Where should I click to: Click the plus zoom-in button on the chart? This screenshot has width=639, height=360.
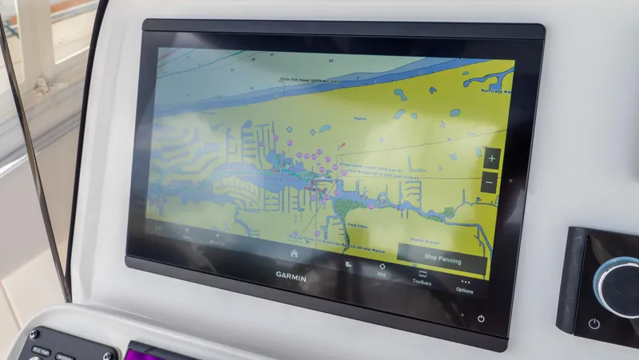point(490,159)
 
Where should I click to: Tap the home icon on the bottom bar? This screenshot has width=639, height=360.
point(294,253)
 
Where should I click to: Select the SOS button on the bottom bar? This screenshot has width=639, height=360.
point(382,270)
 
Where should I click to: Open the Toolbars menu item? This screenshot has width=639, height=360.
point(422,277)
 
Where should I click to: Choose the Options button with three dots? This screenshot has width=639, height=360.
point(465,286)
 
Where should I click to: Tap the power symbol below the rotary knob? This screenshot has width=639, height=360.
point(594,324)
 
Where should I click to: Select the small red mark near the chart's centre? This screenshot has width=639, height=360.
point(341,147)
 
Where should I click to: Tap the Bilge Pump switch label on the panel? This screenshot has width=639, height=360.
point(42,350)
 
